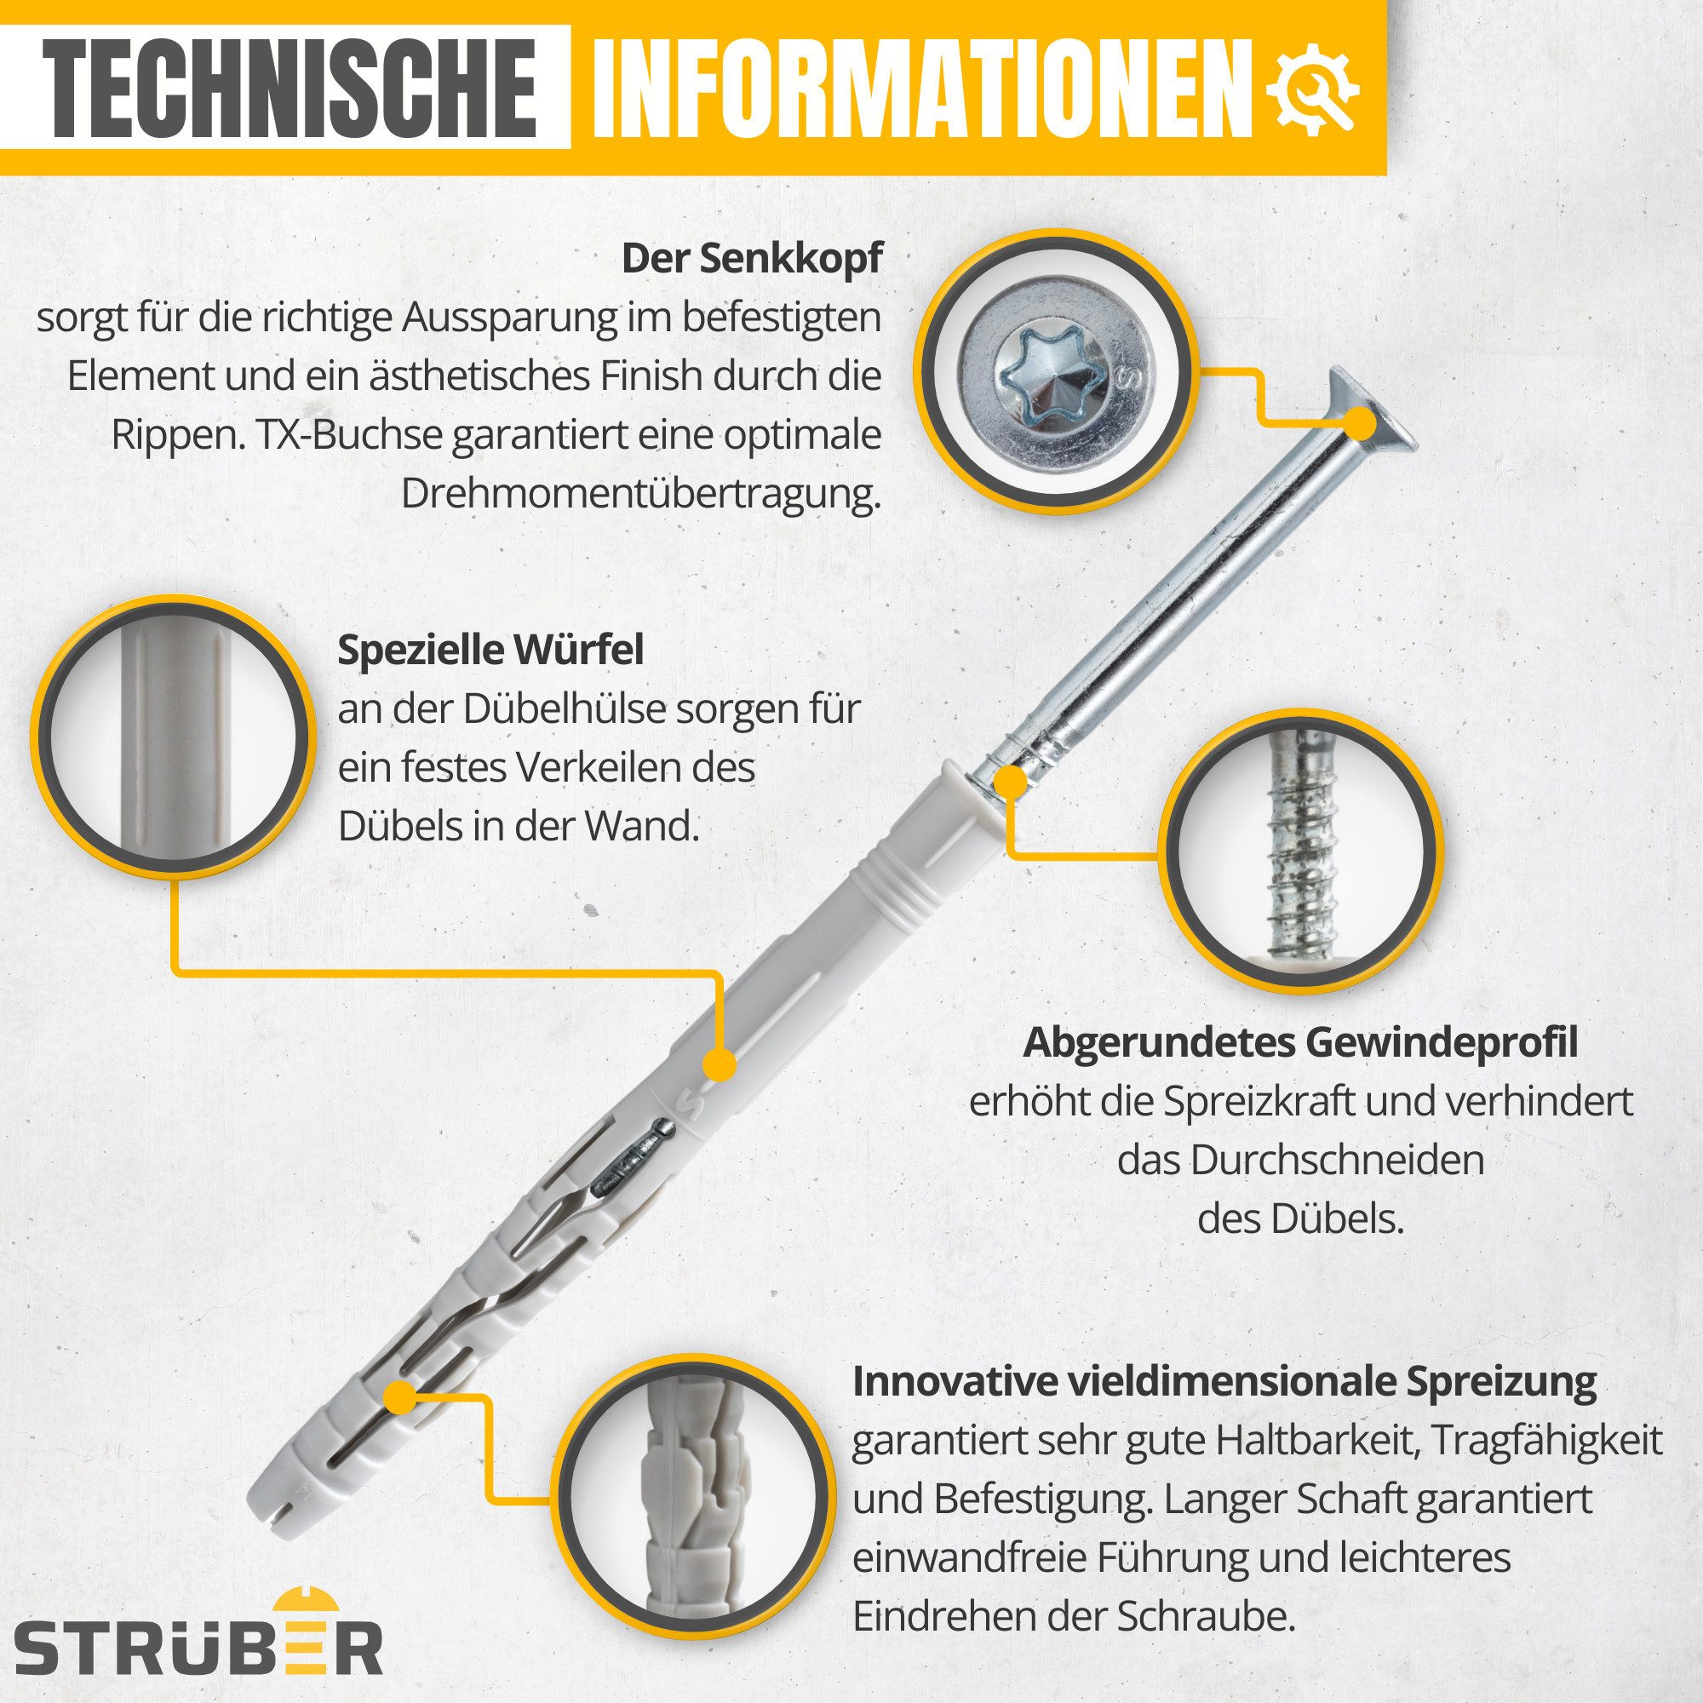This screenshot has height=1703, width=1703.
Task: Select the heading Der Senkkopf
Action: coord(751,259)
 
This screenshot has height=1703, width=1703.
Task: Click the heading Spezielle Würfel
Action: coord(490,651)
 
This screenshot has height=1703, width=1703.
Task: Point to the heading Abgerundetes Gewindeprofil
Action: coord(1300,1044)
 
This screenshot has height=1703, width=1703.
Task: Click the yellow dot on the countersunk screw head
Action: coord(1362,425)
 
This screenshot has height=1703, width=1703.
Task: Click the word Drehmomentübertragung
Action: coord(641,495)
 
